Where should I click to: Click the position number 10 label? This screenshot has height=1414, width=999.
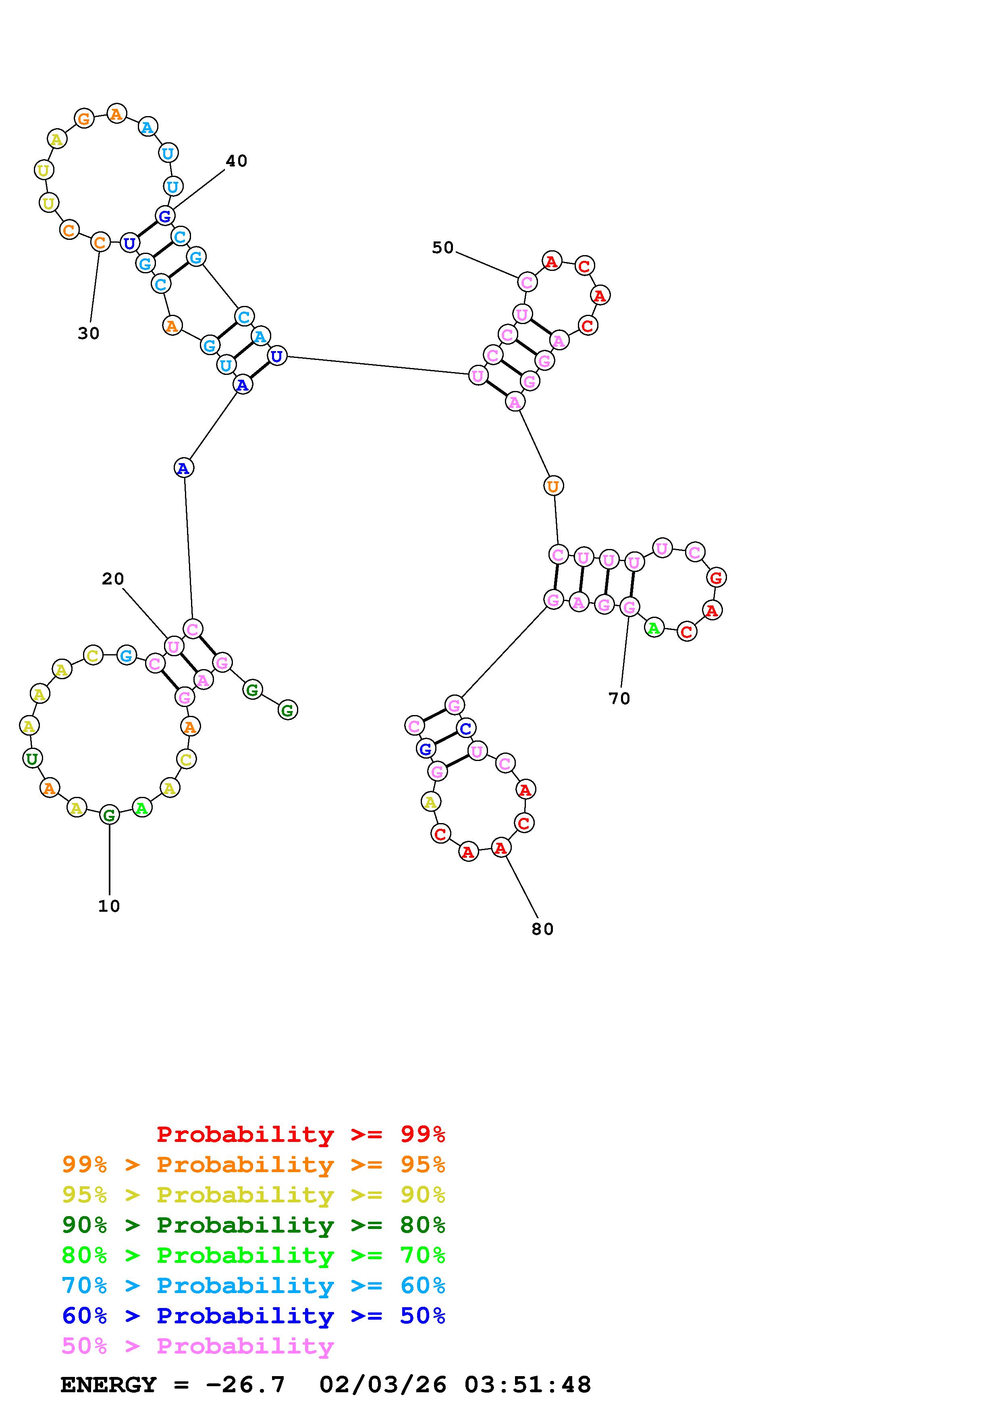click(x=109, y=906)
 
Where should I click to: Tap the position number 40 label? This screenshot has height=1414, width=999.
click(x=237, y=161)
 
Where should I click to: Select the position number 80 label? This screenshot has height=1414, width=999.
click(x=542, y=929)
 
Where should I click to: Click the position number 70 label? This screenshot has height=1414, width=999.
click(x=619, y=699)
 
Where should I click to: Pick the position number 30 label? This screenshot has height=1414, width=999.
click(x=89, y=333)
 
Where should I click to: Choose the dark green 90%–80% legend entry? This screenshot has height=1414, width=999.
click(x=253, y=1225)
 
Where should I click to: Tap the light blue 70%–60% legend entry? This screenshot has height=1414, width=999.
click(x=253, y=1285)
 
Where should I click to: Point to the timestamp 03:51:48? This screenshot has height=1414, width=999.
click(x=528, y=1385)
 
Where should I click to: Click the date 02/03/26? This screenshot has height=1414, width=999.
click(x=383, y=1385)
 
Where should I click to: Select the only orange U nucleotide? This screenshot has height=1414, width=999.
click(x=553, y=486)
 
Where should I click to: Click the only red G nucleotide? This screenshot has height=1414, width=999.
click(x=716, y=578)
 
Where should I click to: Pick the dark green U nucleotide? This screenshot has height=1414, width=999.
click(x=32, y=758)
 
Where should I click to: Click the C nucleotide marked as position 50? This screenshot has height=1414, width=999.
click(x=527, y=283)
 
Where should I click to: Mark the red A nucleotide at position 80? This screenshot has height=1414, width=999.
click(x=501, y=848)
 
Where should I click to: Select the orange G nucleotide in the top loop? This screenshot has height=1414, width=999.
click(x=84, y=118)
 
